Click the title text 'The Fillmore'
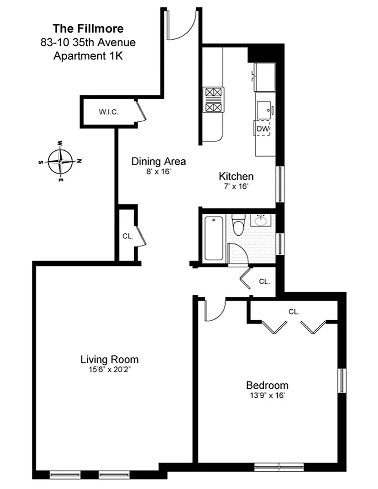[x=88, y=29]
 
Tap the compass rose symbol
[x=60, y=162]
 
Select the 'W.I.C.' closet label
[x=109, y=112]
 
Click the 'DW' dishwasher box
[x=262, y=128]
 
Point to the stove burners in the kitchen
[x=214, y=100]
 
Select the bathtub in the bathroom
[x=214, y=238]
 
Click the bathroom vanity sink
[x=261, y=220]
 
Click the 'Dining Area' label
[x=158, y=161]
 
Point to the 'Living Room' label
[x=110, y=359]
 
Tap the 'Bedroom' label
[x=267, y=385]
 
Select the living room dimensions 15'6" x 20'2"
[x=109, y=370]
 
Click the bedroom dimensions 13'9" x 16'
[x=267, y=396]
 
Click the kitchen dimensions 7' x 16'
[x=236, y=186]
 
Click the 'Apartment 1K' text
[x=88, y=56]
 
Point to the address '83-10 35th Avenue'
[x=88, y=42]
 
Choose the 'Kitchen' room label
[x=236, y=176]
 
